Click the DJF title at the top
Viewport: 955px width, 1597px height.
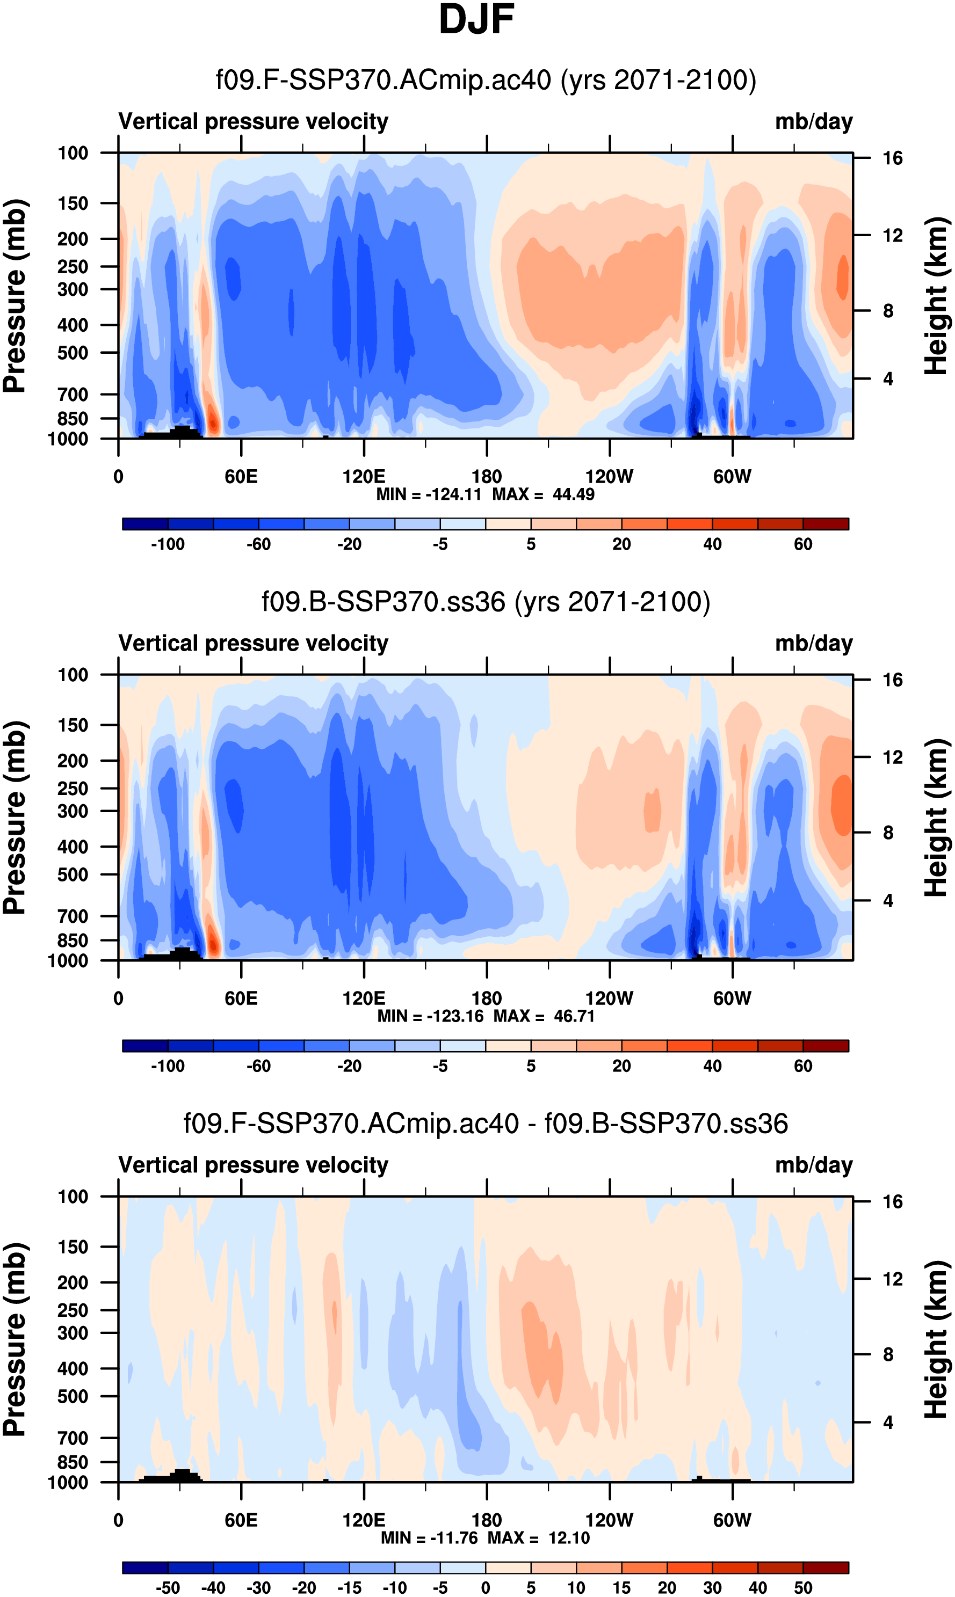tap(476, 19)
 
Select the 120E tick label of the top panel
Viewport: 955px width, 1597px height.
tap(364, 477)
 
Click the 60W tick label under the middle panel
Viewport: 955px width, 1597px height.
tap(732, 998)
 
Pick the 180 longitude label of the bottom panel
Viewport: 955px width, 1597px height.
tap(487, 1520)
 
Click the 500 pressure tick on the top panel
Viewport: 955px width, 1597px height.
tap(73, 353)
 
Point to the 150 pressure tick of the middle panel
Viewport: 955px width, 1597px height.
tap(73, 725)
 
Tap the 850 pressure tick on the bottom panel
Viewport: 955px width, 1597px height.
tap(73, 1462)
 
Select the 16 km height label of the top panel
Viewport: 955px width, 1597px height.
tap(892, 158)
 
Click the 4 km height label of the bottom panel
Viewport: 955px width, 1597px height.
tap(888, 1422)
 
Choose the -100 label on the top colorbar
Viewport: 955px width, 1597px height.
tap(168, 544)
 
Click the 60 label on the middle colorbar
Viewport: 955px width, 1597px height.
tap(802, 1066)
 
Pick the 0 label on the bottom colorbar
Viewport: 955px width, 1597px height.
tap(486, 1587)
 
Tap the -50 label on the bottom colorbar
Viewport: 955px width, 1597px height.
tap(168, 1587)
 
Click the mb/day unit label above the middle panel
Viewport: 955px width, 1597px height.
tap(813, 643)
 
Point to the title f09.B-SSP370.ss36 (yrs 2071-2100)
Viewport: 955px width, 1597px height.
tap(486, 601)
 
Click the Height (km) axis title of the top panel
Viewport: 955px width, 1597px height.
tap(937, 296)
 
